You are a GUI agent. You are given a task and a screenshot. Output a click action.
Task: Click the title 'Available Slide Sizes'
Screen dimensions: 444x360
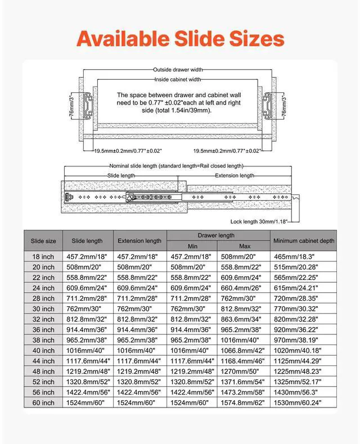click(x=180, y=38)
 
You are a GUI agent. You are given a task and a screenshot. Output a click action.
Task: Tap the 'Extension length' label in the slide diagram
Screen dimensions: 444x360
click(x=235, y=176)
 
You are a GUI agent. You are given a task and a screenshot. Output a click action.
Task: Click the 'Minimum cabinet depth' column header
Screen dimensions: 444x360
click(x=304, y=241)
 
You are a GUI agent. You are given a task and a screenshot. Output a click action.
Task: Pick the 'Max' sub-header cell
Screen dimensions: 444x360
click(x=245, y=246)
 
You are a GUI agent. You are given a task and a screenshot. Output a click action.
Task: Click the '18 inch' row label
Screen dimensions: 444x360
click(x=43, y=256)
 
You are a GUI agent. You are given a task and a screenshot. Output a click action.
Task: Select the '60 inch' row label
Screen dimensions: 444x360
click(x=43, y=402)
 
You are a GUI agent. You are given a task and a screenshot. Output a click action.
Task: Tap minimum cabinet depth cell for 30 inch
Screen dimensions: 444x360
click(x=304, y=309)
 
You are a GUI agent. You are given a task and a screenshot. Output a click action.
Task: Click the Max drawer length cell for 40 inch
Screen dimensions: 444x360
click(x=245, y=350)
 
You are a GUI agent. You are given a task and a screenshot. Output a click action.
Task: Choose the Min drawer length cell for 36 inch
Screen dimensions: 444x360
click(x=192, y=329)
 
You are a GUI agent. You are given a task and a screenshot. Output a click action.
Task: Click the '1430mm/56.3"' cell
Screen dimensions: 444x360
click(x=304, y=392)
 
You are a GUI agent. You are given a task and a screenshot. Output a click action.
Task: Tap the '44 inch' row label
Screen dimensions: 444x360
click(x=43, y=361)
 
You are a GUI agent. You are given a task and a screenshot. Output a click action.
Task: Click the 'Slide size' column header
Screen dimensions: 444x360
click(x=43, y=241)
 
